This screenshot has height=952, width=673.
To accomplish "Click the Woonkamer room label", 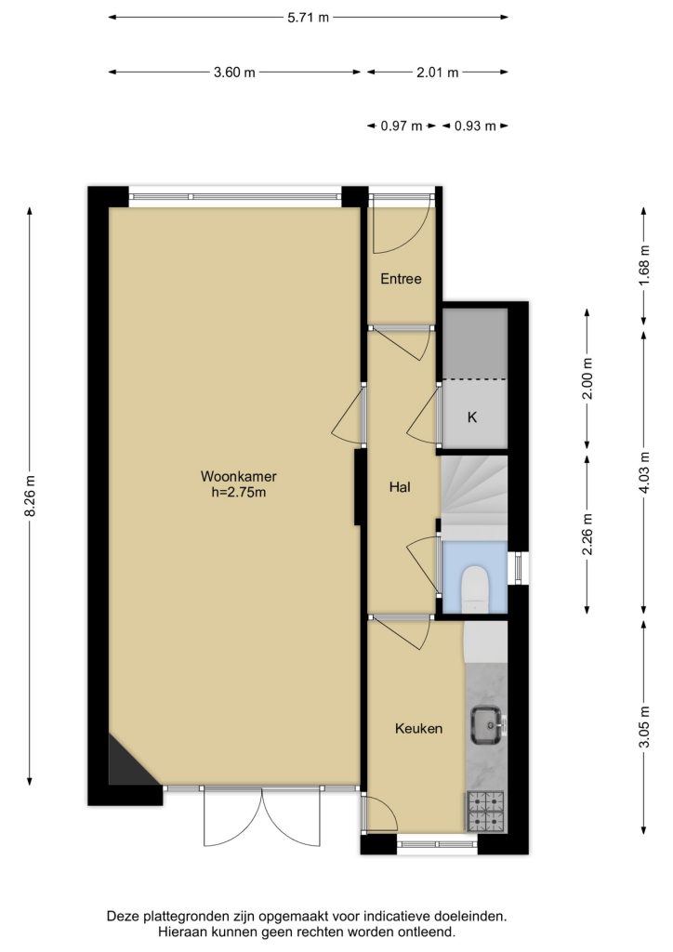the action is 239,477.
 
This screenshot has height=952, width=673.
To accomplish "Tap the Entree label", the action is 401,279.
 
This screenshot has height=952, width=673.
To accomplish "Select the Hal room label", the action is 400,486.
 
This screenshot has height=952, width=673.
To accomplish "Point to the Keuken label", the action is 418,728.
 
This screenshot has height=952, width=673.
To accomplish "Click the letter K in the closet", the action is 472,417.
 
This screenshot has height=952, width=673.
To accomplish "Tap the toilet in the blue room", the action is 475,588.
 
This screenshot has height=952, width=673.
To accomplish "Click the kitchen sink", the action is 487,725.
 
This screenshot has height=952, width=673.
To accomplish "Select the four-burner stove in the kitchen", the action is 485,811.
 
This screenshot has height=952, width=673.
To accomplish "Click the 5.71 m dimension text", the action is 309,18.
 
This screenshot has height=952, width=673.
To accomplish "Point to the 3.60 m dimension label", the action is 234,73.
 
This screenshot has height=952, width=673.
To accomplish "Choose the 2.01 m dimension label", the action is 437,73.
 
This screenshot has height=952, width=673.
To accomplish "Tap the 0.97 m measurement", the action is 402,126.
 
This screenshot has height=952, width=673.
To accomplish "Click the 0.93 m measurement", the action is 475,126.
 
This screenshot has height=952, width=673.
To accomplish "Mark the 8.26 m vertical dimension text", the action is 30,496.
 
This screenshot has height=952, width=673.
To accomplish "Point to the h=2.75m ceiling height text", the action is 239,492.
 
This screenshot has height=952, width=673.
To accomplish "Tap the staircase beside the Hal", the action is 474,492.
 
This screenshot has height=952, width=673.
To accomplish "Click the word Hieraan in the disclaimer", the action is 181,931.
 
